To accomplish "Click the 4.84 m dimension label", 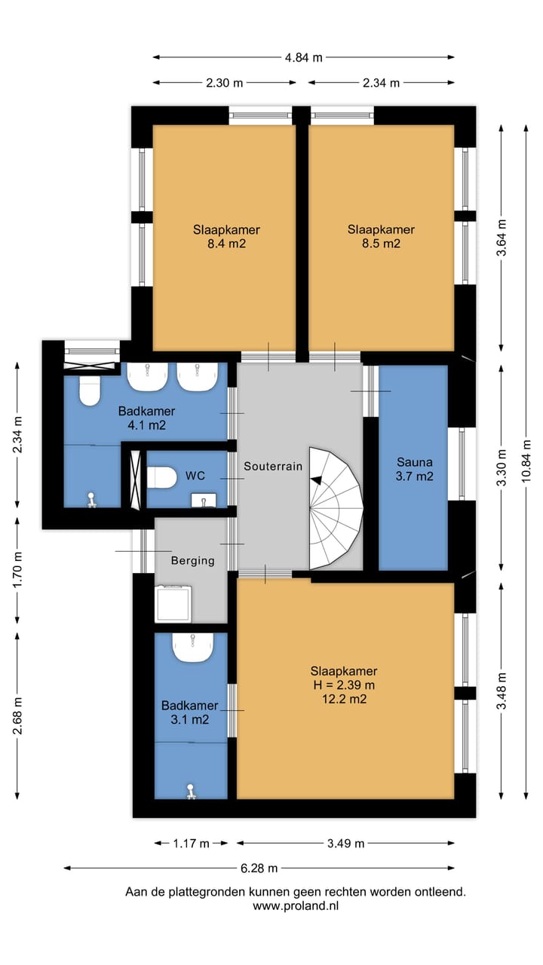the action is click(x=303, y=57).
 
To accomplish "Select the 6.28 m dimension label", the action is click(x=259, y=868).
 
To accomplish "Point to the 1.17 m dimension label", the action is click(x=191, y=843).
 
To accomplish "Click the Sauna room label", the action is click(x=415, y=462).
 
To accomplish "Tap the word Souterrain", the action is click(x=273, y=466).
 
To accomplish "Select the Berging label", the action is click(x=192, y=560).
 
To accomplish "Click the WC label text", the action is click(x=195, y=476).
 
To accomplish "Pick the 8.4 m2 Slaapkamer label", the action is click(x=226, y=237).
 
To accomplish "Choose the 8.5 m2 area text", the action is click(x=381, y=244).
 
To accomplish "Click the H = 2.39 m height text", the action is click(x=344, y=685).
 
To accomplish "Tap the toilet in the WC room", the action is click(x=161, y=477).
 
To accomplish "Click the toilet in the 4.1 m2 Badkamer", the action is click(x=90, y=390).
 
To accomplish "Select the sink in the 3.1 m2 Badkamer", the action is click(x=193, y=647).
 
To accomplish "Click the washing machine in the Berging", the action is click(x=173, y=603).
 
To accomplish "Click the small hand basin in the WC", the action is click(x=204, y=501).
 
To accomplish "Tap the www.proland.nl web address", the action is click(x=296, y=906).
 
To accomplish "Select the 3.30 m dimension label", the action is click(x=502, y=467).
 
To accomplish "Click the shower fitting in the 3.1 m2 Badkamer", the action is click(x=191, y=792).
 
